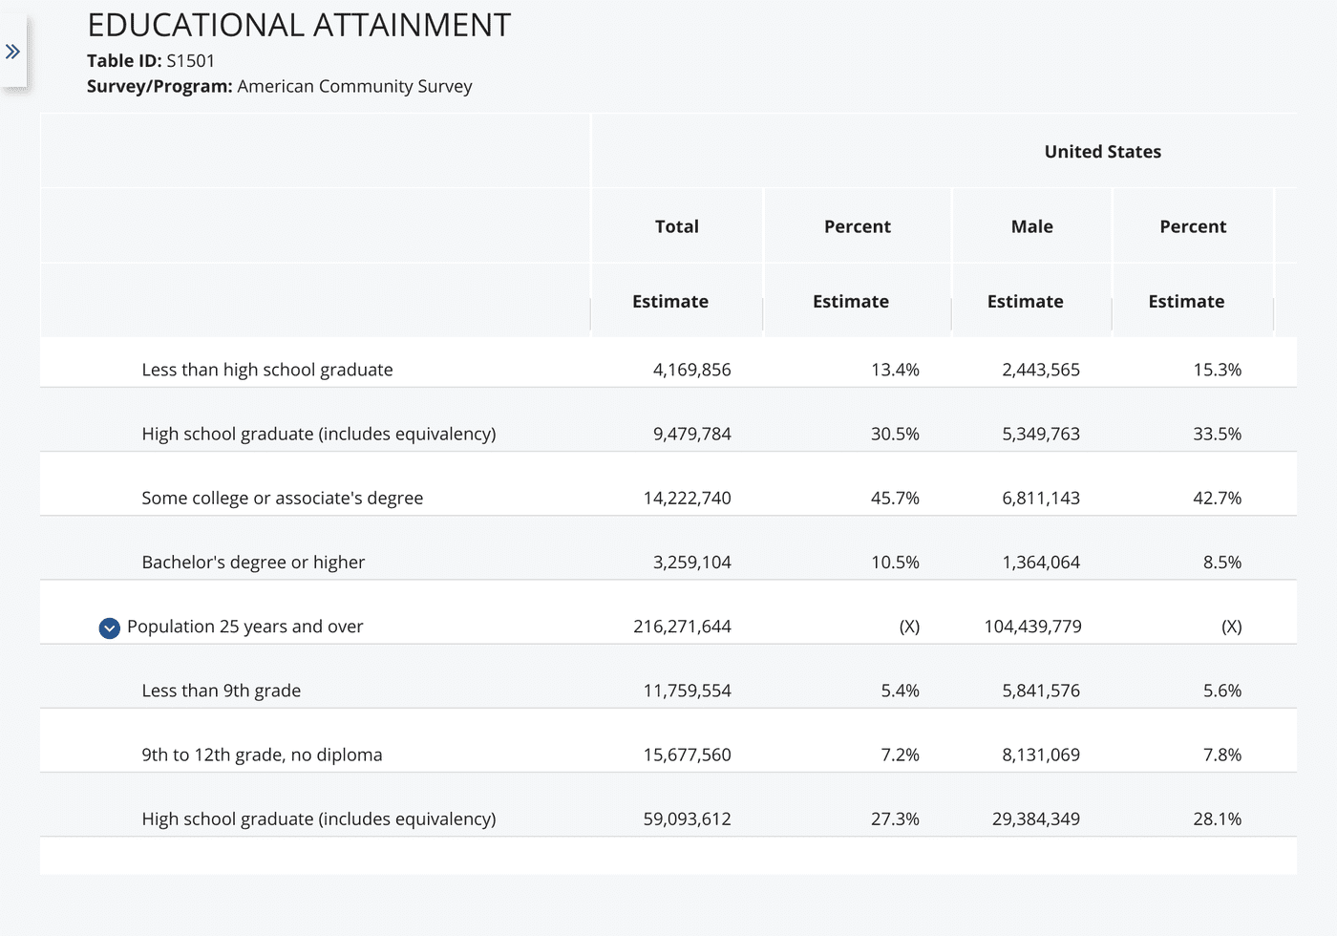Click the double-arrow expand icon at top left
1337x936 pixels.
[x=12, y=52]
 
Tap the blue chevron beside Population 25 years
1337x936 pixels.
[x=110, y=628]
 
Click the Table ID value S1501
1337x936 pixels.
[x=190, y=61]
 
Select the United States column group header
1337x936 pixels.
[x=1102, y=152]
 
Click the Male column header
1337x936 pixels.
[x=1031, y=226]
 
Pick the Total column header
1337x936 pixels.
[x=676, y=226]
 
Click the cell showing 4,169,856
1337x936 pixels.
[x=691, y=370]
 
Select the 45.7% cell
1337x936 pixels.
[x=895, y=498]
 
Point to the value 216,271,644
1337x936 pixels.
[x=682, y=627]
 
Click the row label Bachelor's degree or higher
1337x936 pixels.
[x=253, y=563]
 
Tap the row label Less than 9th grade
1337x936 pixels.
[x=221, y=691]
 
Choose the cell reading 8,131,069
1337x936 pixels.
[x=1041, y=755]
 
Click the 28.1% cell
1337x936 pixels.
[x=1217, y=819]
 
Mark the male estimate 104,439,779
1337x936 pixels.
[x=1032, y=627]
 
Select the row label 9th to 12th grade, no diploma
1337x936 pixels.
[x=262, y=755]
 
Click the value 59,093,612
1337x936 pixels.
[x=687, y=819]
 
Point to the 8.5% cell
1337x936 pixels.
[x=1221, y=563]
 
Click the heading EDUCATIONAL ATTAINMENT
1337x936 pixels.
[x=299, y=26]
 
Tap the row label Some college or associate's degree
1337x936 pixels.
[x=282, y=498]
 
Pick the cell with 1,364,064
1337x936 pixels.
[x=1041, y=563]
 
